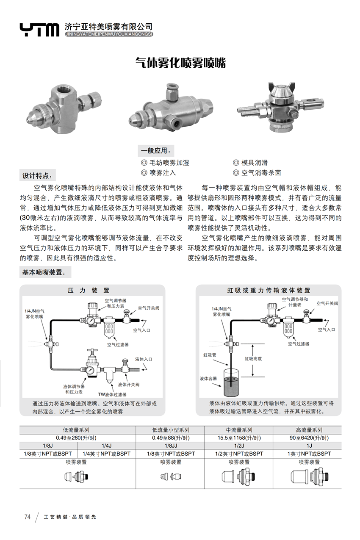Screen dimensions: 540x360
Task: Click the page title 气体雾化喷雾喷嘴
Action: point(180,63)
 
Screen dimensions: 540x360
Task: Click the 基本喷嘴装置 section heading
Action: point(44,273)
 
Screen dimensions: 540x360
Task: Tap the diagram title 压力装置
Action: point(89,291)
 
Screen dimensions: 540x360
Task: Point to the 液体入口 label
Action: point(144,359)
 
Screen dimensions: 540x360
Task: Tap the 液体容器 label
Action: point(208,378)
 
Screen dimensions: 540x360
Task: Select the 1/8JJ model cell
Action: point(171,446)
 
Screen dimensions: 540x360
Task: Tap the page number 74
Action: point(28,517)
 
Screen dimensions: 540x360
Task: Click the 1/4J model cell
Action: point(107,446)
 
